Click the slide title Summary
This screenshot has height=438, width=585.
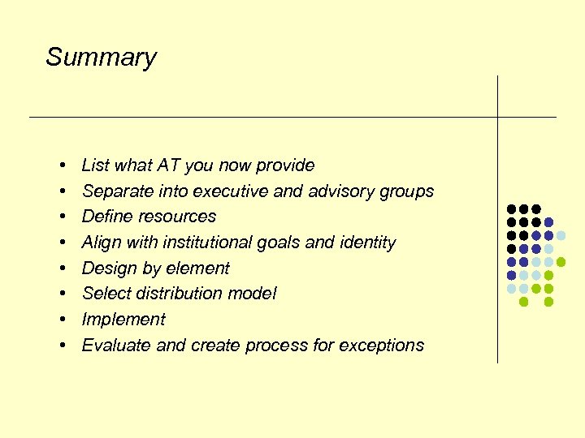(101, 58)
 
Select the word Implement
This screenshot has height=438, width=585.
(123, 320)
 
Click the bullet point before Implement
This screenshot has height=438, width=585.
(63, 320)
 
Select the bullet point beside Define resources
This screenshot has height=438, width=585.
(63, 217)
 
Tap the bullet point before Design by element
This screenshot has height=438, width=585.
(63, 268)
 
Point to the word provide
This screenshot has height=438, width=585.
(285, 165)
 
